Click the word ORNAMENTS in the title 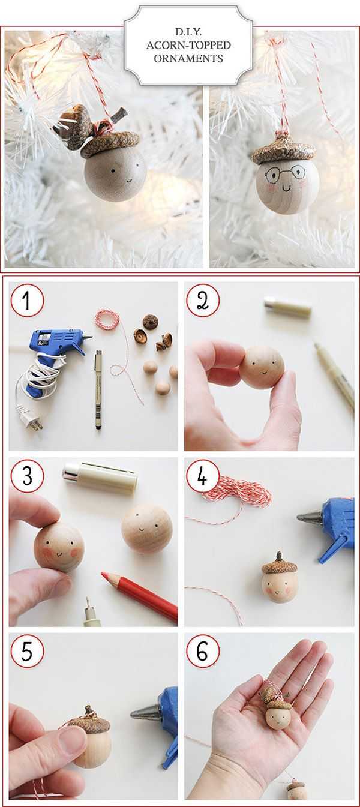click(x=188, y=58)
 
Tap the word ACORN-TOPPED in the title click(x=188, y=45)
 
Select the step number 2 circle click(x=203, y=301)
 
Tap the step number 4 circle click(x=203, y=476)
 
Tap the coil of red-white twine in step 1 click(x=107, y=318)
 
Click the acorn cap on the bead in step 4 click(x=278, y=566)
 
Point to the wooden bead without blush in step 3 click(x=146, y=529)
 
